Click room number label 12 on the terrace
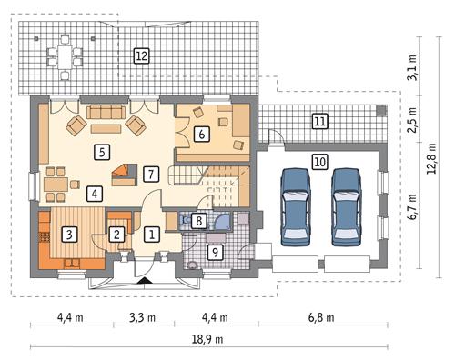tap(141, 55)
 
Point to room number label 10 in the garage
tap(318, 162)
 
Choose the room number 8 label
tap(199, 220)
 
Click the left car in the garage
tap(294, 205)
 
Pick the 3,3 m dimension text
tap(134, 317)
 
